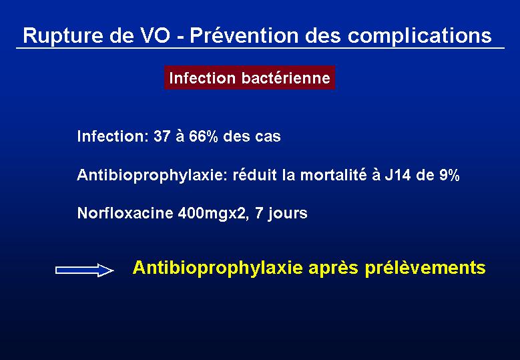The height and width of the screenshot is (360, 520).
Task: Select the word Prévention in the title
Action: (244, 35)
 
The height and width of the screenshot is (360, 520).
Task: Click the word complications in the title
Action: (419, 36)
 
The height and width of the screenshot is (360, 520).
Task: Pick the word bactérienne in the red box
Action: (286, 78)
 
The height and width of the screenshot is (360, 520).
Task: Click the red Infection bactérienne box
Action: (250, 77)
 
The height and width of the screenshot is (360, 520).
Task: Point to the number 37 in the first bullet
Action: (162, 136)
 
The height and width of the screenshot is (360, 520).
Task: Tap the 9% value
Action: (449, 175)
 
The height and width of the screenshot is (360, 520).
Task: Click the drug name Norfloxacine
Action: (125, 213)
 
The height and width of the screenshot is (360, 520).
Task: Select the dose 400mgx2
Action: (213, 213)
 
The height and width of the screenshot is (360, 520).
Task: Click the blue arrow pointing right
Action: (85, 270)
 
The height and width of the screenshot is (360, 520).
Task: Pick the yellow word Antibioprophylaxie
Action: (218, 268)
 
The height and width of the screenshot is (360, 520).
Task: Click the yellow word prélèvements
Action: (425, 268)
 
